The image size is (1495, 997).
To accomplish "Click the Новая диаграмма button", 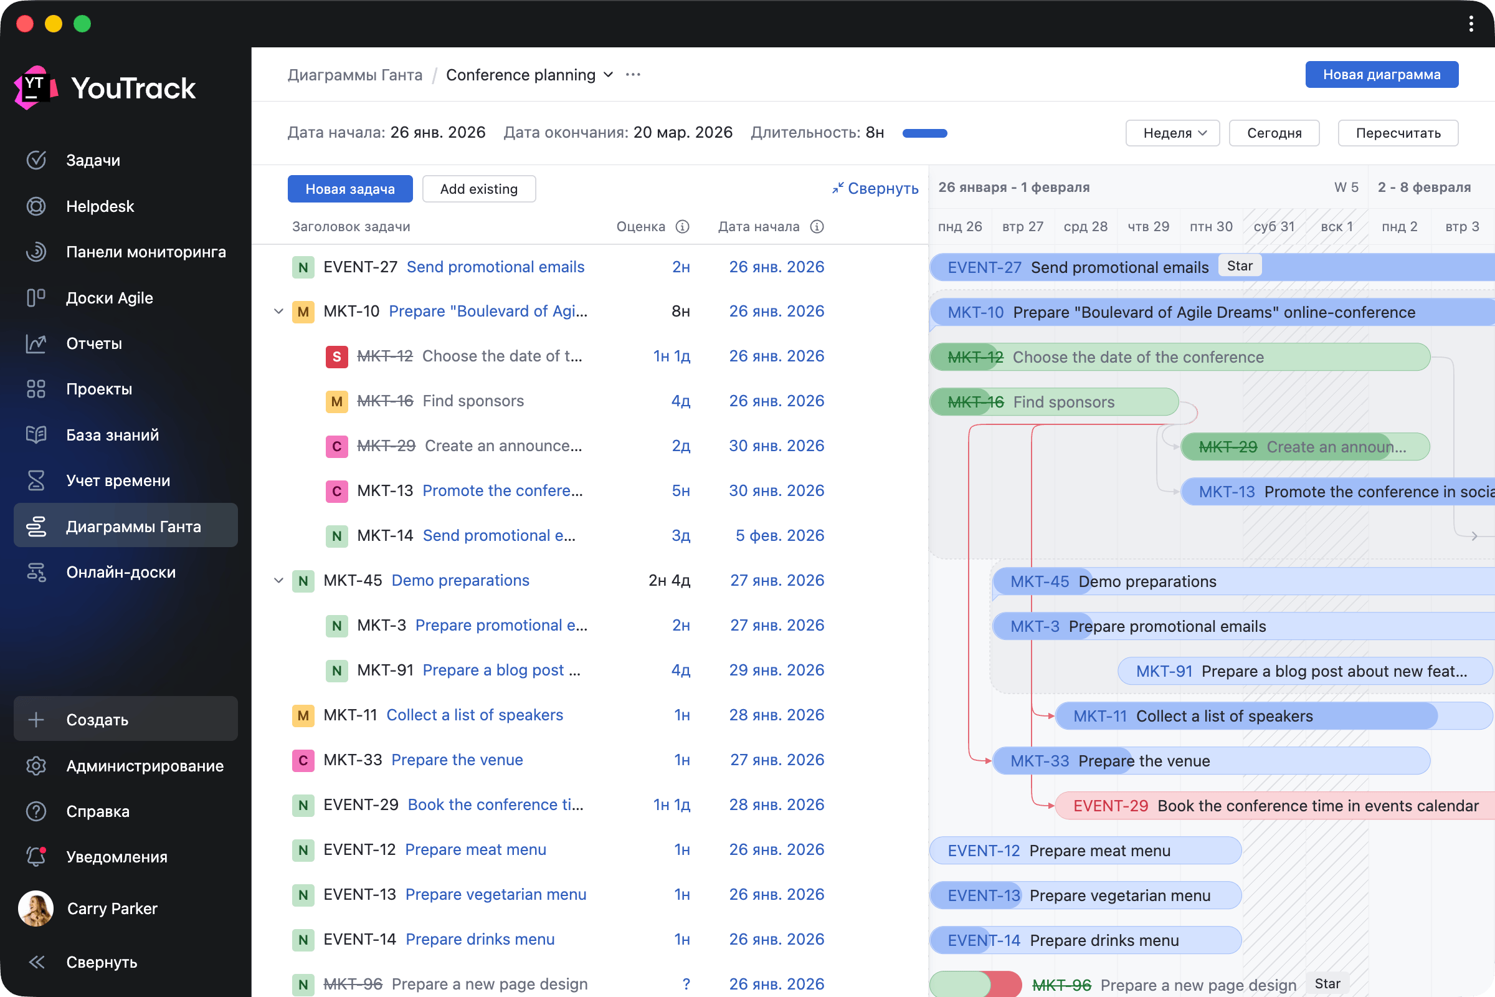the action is point(1381,74).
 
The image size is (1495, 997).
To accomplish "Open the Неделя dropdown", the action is point(1172,133).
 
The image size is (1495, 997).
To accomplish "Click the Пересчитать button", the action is point(1398,133).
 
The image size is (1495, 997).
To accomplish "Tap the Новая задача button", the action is point(350,189).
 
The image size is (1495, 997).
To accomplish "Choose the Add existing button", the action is point(478,189).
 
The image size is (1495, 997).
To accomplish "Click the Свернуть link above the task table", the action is point(875,188).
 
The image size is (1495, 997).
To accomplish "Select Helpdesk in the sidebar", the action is point(100,206).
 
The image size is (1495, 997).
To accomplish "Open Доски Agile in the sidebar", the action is point(110,298).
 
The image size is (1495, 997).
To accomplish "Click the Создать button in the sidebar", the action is point(126,719).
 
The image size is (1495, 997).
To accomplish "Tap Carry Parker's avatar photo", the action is point(36,908).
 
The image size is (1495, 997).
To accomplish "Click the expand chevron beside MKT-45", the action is point(278,581).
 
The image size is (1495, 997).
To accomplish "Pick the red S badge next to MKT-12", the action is point(337,356).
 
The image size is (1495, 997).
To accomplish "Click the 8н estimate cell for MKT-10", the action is point(681,312).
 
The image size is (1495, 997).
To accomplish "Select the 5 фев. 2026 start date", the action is point(780,535).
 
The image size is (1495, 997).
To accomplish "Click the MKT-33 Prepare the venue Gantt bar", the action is point(1212,760).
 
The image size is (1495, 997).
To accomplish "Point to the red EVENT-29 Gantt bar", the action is point(1274,806).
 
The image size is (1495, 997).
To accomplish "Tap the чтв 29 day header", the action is point(1149,226).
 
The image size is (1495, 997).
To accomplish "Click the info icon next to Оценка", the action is point(682,226).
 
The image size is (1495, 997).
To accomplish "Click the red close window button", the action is point(25,24).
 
